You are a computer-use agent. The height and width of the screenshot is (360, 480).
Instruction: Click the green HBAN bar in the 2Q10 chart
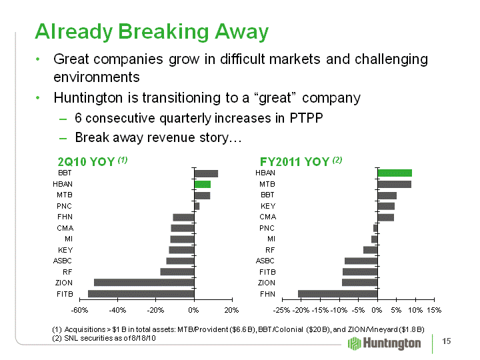(203, 184)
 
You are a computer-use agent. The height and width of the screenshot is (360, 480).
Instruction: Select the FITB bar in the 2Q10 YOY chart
(141, 294)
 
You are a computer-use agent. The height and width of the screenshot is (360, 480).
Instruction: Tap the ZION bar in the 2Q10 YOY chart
(144, 283)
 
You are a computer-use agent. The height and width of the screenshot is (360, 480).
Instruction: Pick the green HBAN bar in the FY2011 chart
(395, 173)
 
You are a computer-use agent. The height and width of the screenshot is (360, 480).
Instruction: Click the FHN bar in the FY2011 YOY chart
(338, 294)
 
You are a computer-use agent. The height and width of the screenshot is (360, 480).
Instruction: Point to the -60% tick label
(79, 310)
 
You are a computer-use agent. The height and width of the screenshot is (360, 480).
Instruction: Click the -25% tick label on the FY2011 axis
(283, 310)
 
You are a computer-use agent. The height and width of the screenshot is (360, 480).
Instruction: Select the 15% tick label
(434, 310)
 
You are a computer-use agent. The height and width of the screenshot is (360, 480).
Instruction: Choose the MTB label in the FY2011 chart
(267, 184)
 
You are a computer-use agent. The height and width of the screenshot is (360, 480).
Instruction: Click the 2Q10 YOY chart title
(92, 161)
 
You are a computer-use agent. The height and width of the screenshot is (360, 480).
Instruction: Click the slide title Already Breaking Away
(152, 31)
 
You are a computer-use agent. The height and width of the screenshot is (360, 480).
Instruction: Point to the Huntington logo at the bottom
(385, 343)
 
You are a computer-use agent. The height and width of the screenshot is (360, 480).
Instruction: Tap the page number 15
(447, 342)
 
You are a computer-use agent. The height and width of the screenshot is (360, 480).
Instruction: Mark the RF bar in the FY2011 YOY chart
(370, 250)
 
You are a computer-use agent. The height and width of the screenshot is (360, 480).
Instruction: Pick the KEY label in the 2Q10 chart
(65, 250)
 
